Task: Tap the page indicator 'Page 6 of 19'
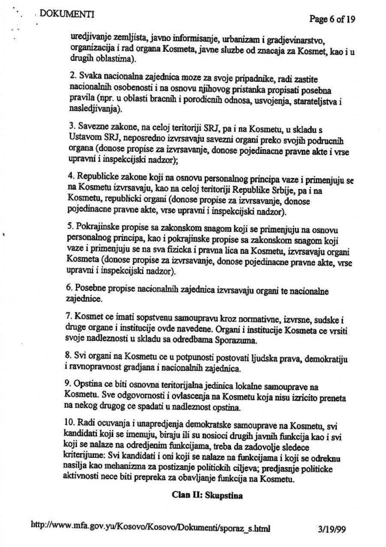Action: pos(332,19)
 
